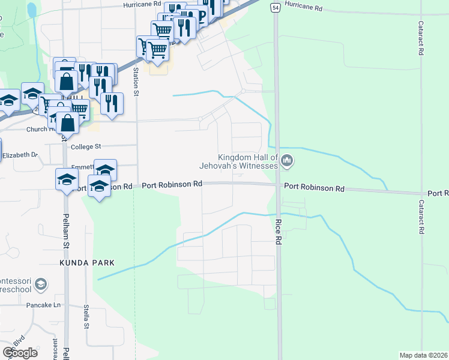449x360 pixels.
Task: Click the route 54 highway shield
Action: click(x=274, y=8)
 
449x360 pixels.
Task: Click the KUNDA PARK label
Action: click(x=86, y=263)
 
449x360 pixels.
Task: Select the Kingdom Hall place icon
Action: click(x=288, y=160)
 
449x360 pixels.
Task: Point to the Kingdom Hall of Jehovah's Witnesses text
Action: click(x=248, y=161)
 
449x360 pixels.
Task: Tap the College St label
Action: click(x=86, y=146)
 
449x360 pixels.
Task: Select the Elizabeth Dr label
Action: click(x=20, y=155)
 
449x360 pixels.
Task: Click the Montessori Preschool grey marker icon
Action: click(x=41, y=284)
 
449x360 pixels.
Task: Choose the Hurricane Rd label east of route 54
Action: click(x=304, y=8)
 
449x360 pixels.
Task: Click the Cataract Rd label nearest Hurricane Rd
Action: click(x=422, y=39)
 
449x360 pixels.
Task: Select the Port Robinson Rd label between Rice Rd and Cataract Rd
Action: click(x=315, y=187)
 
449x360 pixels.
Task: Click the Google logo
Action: click(x=20, y=352)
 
